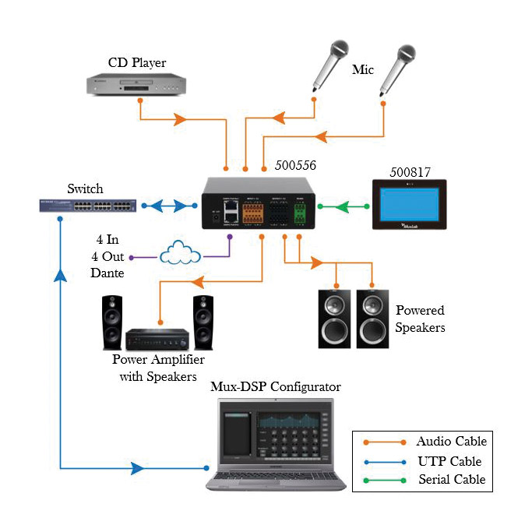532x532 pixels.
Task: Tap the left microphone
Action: (327, 63)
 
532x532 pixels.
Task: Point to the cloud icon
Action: (180, 255)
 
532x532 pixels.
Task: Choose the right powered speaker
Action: (373, 318)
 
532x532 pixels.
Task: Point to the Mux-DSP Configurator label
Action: (276, 386)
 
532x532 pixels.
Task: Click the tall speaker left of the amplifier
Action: (111, 322)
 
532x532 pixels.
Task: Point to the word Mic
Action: (362, 70)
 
